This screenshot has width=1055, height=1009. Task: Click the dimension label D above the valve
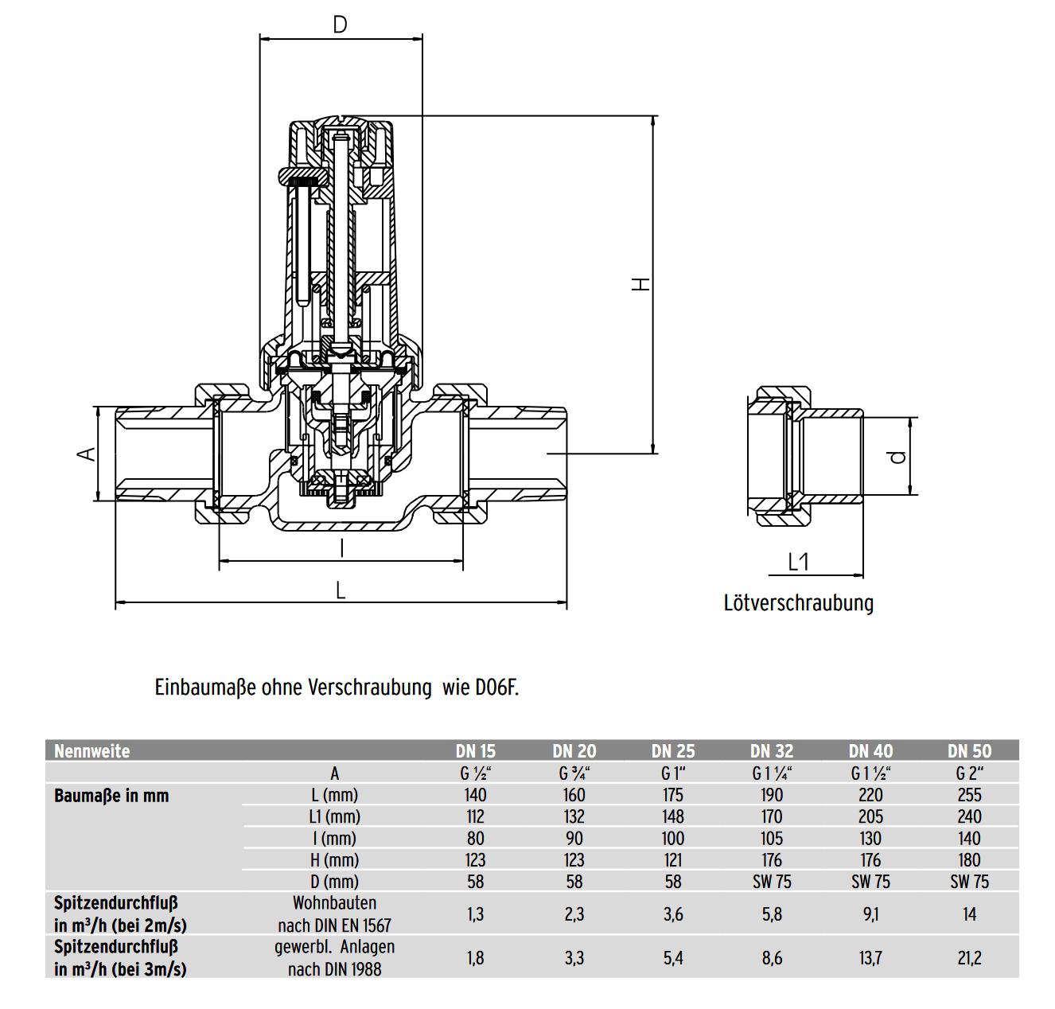[x=340, y=25]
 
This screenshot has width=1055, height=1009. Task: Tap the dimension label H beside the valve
[x=640, y=283]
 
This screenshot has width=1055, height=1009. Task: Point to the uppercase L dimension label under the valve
[x=341, y=590]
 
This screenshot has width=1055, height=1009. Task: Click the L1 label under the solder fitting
[x=797, y=562]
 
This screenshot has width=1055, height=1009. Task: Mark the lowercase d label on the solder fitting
[x=898, y=457]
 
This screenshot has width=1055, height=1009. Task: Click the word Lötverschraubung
[x=798, y=602]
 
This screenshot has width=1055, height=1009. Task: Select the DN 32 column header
[x=772, y=751]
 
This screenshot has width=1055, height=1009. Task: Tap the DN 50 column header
[x=969, y=751]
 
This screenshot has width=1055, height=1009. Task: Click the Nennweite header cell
[x=92, y=751]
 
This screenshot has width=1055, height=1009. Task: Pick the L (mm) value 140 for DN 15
[x=475, y=795]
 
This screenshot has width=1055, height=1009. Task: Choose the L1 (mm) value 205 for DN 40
[x=870, y=816]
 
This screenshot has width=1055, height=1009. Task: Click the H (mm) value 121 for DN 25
[x=672, y=860]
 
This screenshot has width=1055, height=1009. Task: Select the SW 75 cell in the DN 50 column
[x=969, y=882]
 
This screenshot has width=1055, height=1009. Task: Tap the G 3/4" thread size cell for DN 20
[x=574, y=773]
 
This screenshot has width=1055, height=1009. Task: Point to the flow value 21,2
[x=969, y=958]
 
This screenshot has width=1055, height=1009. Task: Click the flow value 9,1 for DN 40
[x=870, y=914]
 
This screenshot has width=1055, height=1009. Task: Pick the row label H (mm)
[x=335, y=860]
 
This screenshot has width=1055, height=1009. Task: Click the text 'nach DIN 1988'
[x=334, y=969]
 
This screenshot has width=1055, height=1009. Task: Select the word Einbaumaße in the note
[x=205, y=688]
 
